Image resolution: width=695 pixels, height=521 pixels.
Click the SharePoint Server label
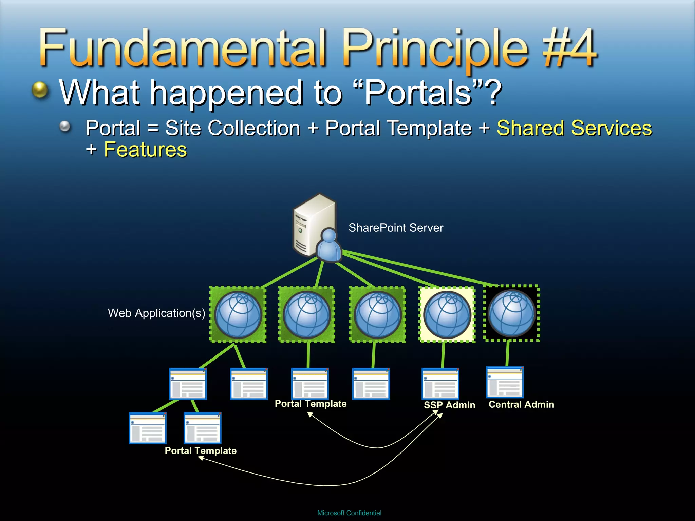[396, 228]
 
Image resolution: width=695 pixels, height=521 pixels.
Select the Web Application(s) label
[156, 313]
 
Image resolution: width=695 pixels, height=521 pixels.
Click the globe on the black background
[511, 313]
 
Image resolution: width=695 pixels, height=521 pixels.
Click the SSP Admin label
[449, 405]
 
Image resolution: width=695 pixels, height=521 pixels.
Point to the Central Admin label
[521, 404]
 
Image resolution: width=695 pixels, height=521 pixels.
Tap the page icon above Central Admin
[505, 382]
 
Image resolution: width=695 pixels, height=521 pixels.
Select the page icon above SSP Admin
[440, 384]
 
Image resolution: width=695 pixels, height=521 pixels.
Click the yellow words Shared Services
[574, 128]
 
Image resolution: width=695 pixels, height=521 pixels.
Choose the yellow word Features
[145, 150]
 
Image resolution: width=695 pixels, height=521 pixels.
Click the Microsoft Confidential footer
[349, 513]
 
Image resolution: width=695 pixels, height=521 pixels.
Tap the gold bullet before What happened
[40, 90]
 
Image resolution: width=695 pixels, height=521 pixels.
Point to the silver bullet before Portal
[65, 127]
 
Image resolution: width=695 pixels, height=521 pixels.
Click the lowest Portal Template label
[201, 451]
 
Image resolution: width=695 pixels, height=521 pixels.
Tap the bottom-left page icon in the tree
[148, 428]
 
